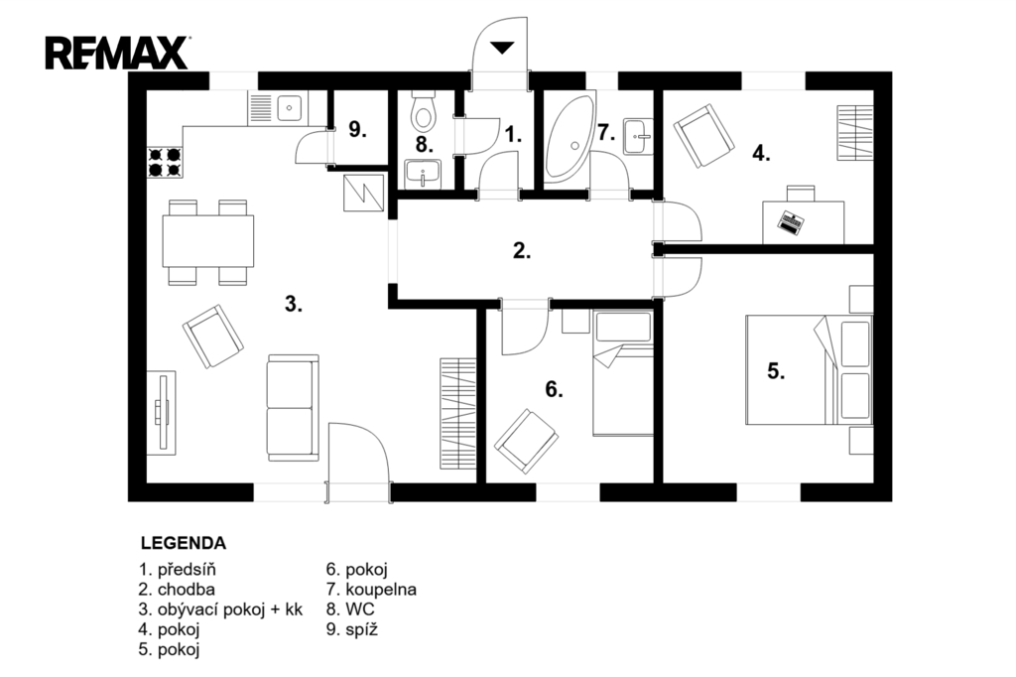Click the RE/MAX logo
pyautogui.click(x=117, y=54)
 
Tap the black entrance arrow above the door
pyautogui.click(x=501, y=48)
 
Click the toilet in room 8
pyautogui.click(x=424, y=111)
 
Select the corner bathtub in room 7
pyautogui.click(x=570, y=135)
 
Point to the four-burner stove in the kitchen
pyautogui.click(x=165, y=163)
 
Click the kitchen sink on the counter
pyautogui.click(x=290, y=107)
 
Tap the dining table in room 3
pyautogui.click(x=207, y=240)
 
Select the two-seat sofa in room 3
pyautogui.click(x=293, y=407)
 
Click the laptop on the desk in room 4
pyautogui.click(x=790, y=222)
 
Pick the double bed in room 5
pyautogui.click(x=809, y=369)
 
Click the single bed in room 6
pyautogui.click(x=623, y=373)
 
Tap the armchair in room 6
pyautogui.click(x=526, y=441)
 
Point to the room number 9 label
pyautogui.click(x=357, y=130)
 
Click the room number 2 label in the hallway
pyautogui.click(x=522, y=251)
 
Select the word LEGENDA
pyautogui.click(x=184, y=543)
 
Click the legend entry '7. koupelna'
pyautogui.click(x=371, y=590)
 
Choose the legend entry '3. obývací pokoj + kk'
pyautogui.click(x=220, y=609)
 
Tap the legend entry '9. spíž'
pyautogui.click(x=352, y=629)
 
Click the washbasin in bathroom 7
pyautogui.click(x=638, y=136)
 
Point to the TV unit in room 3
pyautogui.click(x=162, y=412)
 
